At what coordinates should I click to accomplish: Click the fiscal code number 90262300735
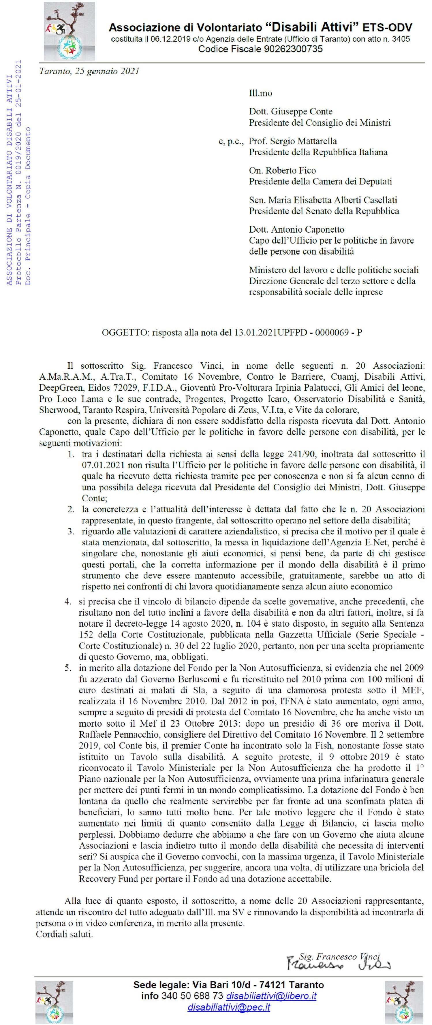(293, 49)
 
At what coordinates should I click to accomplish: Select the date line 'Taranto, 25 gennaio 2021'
(89, 71)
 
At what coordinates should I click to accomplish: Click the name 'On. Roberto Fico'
(282, 170)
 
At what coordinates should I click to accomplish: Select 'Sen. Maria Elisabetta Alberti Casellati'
(323, 200)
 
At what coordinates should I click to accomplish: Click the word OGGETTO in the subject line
(125, 333)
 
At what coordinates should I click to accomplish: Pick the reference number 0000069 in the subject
(332, 333)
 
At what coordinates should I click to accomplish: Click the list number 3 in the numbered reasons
(70, 532)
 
